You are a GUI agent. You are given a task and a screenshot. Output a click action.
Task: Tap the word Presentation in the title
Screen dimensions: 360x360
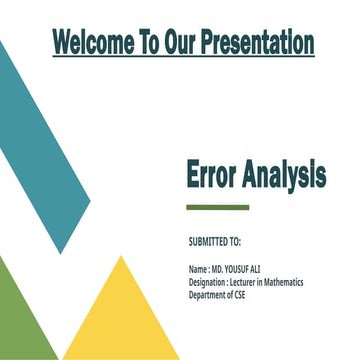[x=257, y=43]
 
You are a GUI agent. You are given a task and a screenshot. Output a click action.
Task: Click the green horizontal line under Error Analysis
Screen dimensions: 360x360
[x=217, y=207]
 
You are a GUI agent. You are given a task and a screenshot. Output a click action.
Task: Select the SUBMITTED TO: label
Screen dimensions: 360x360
[x=214, y=242]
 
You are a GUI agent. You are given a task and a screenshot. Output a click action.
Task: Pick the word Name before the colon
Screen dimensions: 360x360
[x=198, y=270]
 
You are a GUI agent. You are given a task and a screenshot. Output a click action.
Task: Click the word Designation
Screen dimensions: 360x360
[x=210, y=283]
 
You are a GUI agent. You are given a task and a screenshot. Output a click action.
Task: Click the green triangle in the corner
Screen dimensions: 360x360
[x=20, y=320]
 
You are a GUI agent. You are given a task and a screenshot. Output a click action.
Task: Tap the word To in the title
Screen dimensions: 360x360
[x=149, y=43]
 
